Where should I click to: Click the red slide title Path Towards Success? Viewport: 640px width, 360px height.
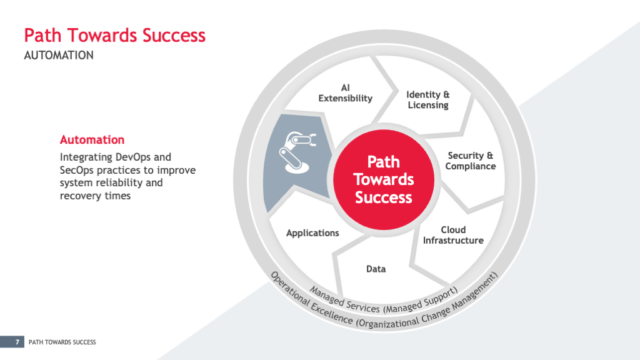pyautogui.click(x=115, y=35)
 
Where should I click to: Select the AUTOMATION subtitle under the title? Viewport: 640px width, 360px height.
pyautogui.click(x=59, y=55)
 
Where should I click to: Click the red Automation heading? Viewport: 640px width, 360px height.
pyautogui.click(x=92, y=139)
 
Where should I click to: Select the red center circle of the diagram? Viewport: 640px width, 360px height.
pyautogui.click(x=384, y=179)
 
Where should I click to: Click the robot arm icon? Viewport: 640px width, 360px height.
pyautogui.click(x=297, y=151)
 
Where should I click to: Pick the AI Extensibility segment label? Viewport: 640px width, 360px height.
pyautogui.click(x=345, y=93)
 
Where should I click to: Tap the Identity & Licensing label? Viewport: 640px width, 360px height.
pyautogui.click(x=427, y=100)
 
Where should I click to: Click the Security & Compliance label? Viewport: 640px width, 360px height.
pyautogui.click(x=471, y=161)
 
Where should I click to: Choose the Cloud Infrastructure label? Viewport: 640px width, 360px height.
pyautogui.click(x=453, y=235)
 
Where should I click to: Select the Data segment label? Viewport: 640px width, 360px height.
pyautogui.click(x=376, y=269)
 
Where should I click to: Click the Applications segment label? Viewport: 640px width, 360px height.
pyautogui.click(x=312, y=233)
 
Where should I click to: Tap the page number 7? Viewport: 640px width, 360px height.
pyautogui.click(x=17, y=342)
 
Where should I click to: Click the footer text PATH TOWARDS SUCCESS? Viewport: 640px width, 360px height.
pyautogui.click(x=62, y=342)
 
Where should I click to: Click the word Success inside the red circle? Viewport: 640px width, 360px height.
pyautogui.click(x=384, y=197)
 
